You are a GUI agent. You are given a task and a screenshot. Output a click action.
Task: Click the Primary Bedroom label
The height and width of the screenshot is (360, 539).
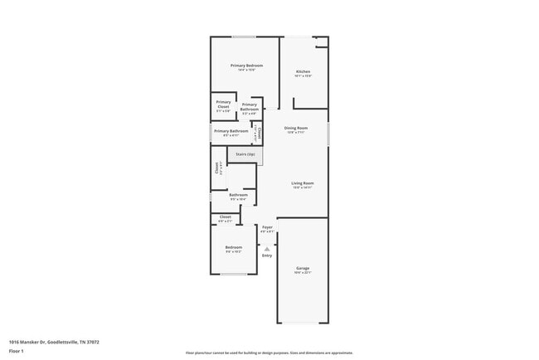(246, 66)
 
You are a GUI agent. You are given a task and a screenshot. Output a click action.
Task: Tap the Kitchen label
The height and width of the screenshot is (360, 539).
(303, 72)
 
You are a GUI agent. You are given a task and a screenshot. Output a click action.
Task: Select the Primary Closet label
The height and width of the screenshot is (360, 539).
(223, 105)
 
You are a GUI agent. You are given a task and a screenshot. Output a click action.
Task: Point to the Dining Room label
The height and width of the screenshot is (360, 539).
(296, 128)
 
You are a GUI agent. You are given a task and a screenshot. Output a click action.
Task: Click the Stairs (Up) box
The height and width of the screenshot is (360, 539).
(245, 154)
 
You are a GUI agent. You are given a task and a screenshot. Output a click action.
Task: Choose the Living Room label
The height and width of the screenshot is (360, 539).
(302, 183)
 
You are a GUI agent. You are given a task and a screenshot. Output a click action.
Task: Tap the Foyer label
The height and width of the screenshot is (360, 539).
(267, 226)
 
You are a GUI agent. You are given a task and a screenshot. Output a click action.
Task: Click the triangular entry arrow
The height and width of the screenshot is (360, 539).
(267, 247)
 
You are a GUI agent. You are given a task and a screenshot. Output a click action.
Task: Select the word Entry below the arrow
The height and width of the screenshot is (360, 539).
(267, 255)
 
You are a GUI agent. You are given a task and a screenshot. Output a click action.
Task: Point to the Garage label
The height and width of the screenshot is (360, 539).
(303, 268)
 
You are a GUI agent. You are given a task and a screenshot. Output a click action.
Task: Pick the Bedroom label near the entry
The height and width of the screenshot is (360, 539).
(234, 247)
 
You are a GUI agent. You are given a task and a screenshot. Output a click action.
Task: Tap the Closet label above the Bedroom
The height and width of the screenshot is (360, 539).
(226, 217)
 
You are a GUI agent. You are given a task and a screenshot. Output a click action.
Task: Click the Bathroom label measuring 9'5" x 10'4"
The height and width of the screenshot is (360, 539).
(239, 195)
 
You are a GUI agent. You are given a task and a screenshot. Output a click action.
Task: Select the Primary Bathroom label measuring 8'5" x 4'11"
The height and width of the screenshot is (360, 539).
(231, 131)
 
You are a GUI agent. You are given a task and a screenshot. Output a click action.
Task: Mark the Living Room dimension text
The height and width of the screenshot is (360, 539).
(302, 187)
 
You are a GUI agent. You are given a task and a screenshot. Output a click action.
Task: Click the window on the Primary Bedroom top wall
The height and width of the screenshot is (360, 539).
(243, 36)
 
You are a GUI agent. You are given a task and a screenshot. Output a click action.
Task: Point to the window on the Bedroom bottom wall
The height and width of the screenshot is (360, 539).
(233, 275)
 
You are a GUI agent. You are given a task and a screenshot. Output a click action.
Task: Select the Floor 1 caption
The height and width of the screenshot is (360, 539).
(16, 351)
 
